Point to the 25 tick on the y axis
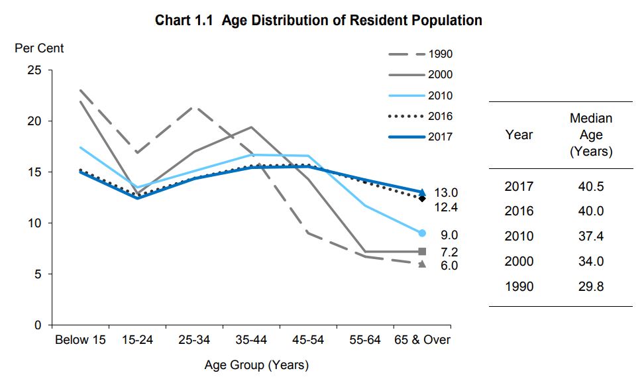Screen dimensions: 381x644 coord(33,70)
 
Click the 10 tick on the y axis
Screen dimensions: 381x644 coord(33,223)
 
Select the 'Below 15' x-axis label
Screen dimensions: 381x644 coord(80,340)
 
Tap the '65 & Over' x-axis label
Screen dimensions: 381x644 coord(422,340)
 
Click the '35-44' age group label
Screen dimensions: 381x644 coord(250,340)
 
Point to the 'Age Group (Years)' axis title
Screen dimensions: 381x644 coord(256,365)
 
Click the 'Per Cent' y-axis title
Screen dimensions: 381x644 coord(40,48)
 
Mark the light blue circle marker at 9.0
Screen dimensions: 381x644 coord(422,233)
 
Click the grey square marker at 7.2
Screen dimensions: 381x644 coord(422,252)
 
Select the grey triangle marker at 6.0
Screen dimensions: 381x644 coord(422,264)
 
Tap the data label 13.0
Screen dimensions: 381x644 coord(446,193)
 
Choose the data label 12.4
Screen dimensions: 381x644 coord(446,207)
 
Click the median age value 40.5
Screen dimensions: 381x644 coord(590,187)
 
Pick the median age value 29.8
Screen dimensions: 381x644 coord(590,287)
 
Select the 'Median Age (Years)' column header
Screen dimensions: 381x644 coord(590,135)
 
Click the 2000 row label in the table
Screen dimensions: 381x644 coord(518,262)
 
